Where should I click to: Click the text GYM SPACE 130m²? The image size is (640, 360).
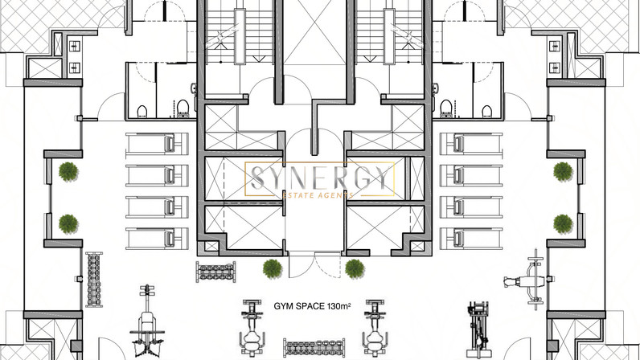[x=312, y=306]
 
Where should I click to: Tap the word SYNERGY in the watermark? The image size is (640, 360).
[x=319, y=178]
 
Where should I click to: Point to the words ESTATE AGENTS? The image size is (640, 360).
[x=318, y=195]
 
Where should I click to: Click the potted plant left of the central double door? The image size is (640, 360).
[x=273, y=268]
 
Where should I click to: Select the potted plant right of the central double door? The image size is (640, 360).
[x=355, y=268]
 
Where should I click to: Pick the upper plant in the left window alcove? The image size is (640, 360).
[x=68, y=171]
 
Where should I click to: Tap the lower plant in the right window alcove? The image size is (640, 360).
[x=563, y=224]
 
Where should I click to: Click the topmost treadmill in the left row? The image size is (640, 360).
[x=157, y=144]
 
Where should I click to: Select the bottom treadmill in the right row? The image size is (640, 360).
[x=471, y=239]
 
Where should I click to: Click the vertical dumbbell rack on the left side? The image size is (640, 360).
[x=94, y=280]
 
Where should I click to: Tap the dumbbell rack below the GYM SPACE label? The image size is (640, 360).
[x=314, y=348]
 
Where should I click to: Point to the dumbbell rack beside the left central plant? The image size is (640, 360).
[x=216, y=272]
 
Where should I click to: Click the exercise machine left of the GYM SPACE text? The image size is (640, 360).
[x=252, y=328]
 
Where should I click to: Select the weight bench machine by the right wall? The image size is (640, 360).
[x=525, y=280]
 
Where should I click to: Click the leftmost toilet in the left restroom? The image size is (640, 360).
[x=142, y=111]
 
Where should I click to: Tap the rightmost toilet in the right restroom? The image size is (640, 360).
[x=486, y=111]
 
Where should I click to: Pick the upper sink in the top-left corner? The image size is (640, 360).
[x=74, y=46]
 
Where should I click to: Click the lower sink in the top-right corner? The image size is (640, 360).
[x=554, y=67]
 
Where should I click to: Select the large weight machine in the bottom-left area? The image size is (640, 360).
[x=147, y=321]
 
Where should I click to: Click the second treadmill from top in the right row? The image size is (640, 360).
[x=471, y=175]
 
